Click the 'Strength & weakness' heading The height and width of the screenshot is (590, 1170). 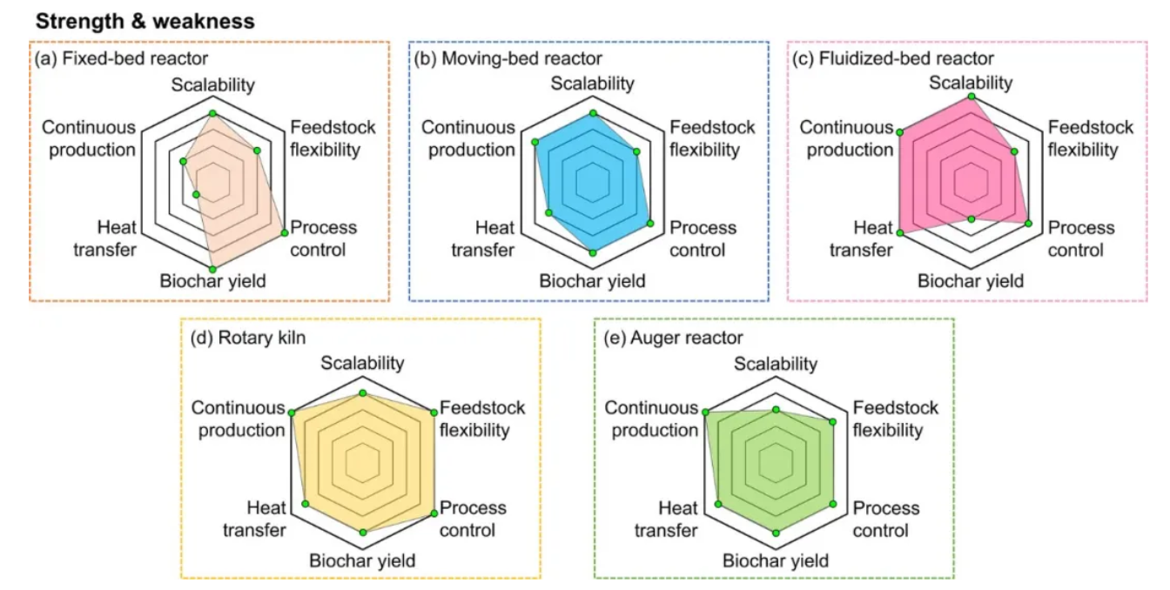[x=145, y=22]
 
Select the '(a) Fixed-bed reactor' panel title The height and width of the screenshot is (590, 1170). [x=121, y=58]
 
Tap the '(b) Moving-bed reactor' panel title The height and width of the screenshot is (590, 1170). [x=508, y=58]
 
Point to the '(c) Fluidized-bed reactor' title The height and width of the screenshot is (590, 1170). [x=892, y=58]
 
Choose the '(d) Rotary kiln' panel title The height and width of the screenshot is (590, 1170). [x=248, y=338]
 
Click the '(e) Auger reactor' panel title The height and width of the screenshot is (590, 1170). [x=673, y=338]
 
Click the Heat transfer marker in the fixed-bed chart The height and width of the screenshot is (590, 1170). [x=196, y=195]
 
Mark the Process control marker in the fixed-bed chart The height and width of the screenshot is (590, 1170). [x=284, y=233]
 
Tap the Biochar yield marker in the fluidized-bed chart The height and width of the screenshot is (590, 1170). [x=972, y=219]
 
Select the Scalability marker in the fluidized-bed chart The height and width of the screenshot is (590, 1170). [x=972, y=97]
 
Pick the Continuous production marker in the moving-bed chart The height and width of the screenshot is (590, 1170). [x=535, y=142]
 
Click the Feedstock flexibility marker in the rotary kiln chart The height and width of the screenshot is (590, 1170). [x=434, y=412]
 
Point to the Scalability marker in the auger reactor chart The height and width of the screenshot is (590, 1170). [x=777, y=410]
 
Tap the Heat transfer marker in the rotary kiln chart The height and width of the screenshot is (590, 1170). [x=306, y=504]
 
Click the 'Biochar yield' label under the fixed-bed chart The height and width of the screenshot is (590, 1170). [x=213, y=281]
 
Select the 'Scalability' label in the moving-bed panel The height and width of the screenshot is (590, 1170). [x=592, y=84]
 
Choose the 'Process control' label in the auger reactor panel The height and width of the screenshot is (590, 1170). [x=886, y=519]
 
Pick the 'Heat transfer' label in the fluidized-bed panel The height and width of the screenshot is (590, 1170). [x=861, y=239]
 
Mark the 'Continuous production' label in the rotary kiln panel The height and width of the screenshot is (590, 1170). [x=239, y=419]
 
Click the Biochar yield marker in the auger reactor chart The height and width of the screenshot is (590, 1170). [x=777, y=533]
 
